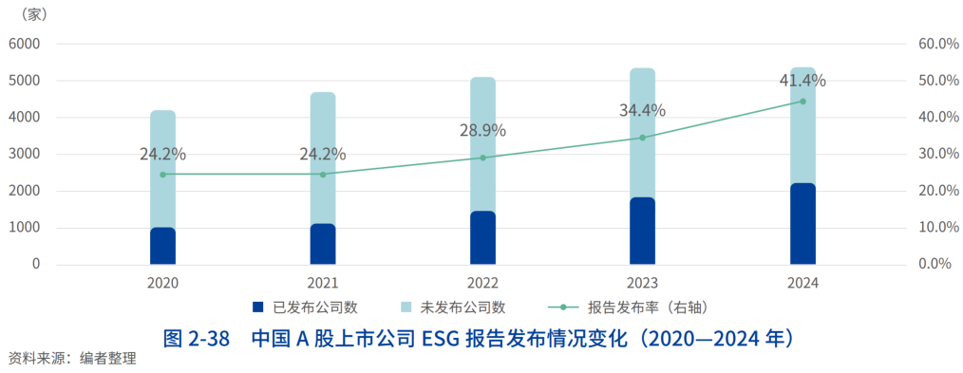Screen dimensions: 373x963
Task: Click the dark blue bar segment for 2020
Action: coord(162,246)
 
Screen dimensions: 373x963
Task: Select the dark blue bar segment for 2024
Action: coord(802,224)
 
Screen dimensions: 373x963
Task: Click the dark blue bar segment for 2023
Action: coord(642,231)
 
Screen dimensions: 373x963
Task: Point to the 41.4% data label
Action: coord(802,80)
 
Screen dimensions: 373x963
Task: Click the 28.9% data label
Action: coord(482,130)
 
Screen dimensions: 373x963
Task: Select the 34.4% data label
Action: coord(642,110)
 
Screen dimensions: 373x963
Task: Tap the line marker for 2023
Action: coord(642,138)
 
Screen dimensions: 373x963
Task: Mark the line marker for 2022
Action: coord(482,158)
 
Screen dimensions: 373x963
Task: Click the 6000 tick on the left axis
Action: coord(25,44)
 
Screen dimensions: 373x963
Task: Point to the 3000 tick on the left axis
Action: coord(25,154)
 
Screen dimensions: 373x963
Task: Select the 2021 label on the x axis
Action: coord(323,283)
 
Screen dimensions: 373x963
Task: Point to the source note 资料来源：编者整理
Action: coord(72,359)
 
